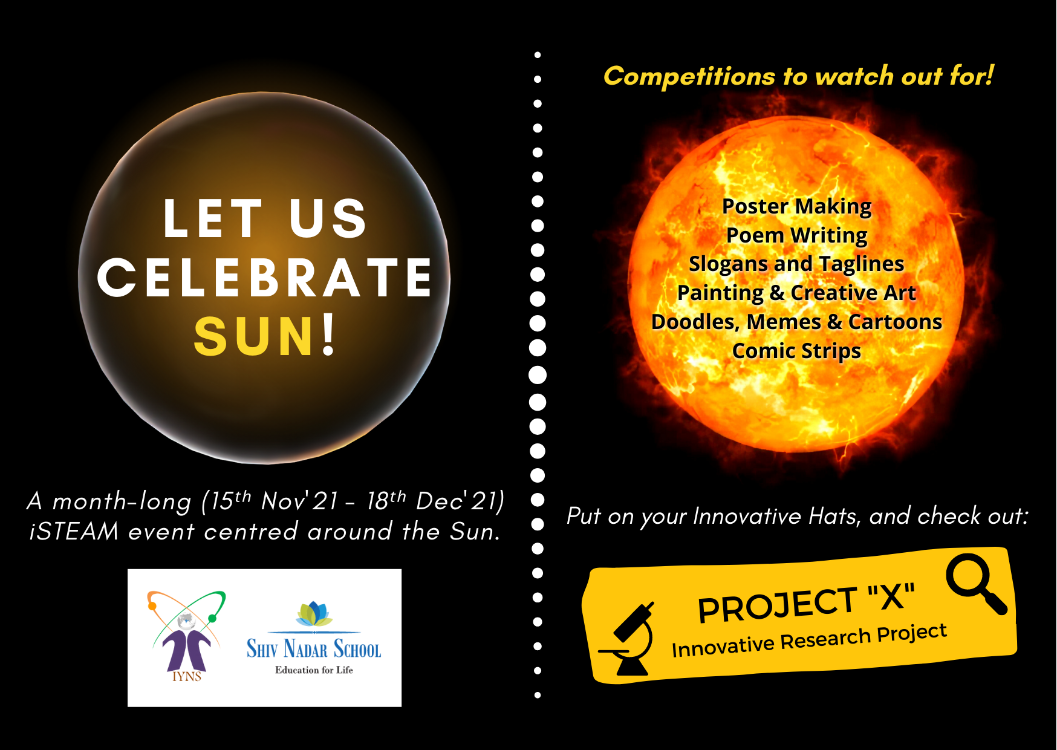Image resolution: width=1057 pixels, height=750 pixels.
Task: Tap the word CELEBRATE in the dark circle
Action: [x=265, y=278]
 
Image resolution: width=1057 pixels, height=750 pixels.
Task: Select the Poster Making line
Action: [x=796, y=207]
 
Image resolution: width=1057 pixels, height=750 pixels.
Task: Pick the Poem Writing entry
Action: [x=796, y=236]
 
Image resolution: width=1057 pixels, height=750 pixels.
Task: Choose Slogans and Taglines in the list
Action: [x=796, y=264]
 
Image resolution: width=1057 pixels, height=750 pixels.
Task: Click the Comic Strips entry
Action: [x=796, y=351]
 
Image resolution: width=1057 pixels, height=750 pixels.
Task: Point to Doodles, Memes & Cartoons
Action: [x=796, y=322]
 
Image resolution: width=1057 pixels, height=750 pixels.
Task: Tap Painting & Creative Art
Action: [x=796, y=293]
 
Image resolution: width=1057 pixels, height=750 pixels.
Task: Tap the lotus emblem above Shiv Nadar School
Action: [x=314, y=613]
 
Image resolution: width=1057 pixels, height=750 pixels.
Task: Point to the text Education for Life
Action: [x=314, y=670]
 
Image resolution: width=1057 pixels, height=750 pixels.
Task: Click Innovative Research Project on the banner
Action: [x=809, y=640]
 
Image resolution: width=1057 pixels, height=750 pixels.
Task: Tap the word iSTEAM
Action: [x=74, y=531]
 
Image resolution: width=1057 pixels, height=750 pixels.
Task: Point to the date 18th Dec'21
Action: [x=435, y=501]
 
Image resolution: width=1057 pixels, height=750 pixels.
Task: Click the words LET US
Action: [x=265, y=218]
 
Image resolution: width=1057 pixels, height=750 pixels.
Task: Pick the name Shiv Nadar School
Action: [x=314, y=648]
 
